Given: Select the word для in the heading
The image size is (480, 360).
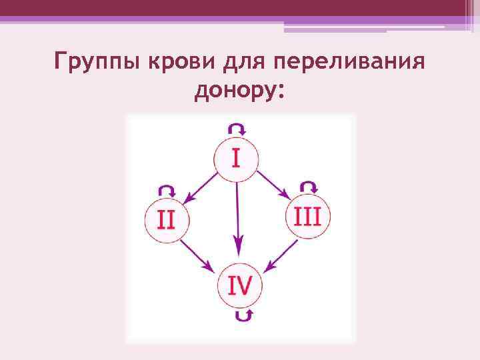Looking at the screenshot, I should (236, 64).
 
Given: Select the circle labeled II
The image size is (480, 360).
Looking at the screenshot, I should (167, 219).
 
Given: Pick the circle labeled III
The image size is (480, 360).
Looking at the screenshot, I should (307, 217).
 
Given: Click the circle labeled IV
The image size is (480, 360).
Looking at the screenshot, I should (240, 286).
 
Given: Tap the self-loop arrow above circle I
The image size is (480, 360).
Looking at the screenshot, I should (237, 128).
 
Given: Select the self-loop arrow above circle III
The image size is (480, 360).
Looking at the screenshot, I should (309, 186).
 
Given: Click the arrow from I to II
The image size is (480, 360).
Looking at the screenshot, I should (201, 187).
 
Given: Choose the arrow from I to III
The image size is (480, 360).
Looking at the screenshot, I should (273, 185).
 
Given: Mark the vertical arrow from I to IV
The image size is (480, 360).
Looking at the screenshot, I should (238, 213).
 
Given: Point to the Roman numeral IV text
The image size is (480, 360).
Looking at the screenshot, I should (240, 286).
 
